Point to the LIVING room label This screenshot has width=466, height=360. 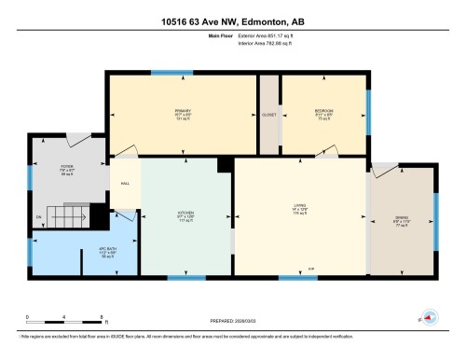click(x=300, y=212)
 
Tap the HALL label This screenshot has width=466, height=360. click(x=125, y=184)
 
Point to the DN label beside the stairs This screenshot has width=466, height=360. click(x=39, y=218)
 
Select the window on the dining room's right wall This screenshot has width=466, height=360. click(x=435, y=221)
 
